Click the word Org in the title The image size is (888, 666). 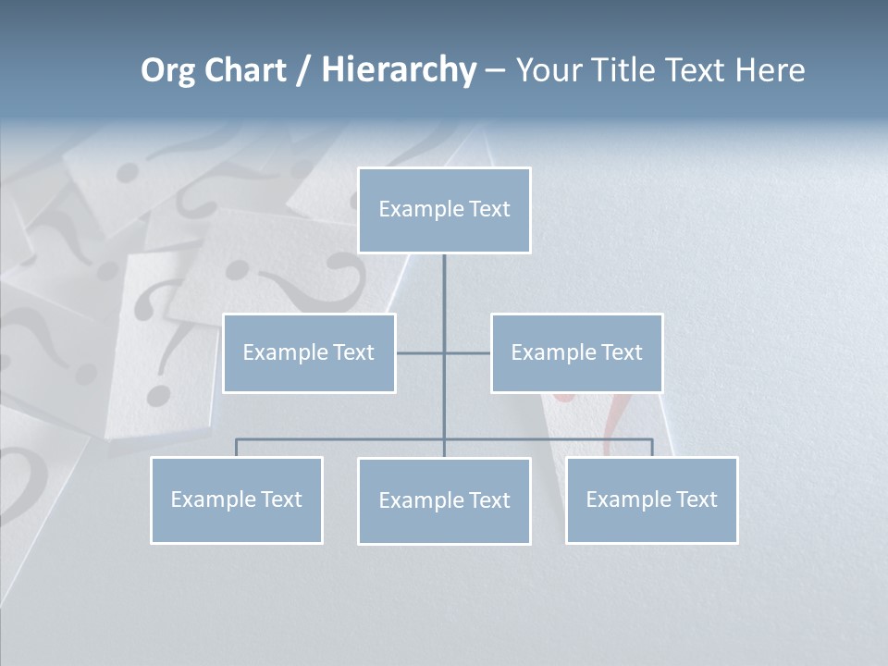pyautogui.click(x=168, y=70)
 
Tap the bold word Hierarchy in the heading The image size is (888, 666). pyautogui.click(x=399, y=70)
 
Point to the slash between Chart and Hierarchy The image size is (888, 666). pyautogui.click(x=303, y=70)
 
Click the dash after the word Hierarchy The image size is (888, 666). pyautogui.click(x=495, y=71)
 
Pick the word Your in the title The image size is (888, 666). pyautogui.click(x=547, y=70)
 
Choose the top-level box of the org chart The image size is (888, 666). pyautogui.click(x=444, y=210)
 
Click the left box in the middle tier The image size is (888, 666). pyautogui.click(x=309, y=353)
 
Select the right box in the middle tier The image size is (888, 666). pyautogui.click(x=576, y=353)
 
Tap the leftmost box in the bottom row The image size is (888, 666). pyautogui.click(x=236, y=500)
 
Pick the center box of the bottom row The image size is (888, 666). pyautogui.click(x=444, y=501)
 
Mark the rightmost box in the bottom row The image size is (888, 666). pyautogui.click(x=651, y=500)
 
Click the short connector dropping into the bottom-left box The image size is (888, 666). pyautogui.click(x=236, y=448)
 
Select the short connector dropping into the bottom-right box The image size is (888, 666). pyautogui.click(x=652, y=448)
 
